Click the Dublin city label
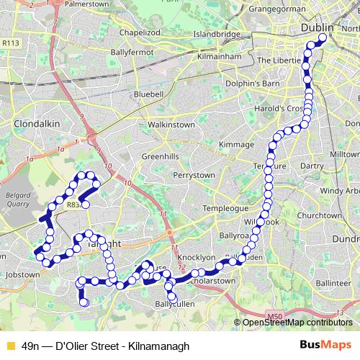(x=320, y=27)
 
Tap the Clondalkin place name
(x=35, y=123)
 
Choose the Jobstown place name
(x=22, y=274)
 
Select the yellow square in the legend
(x=9, y=346)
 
